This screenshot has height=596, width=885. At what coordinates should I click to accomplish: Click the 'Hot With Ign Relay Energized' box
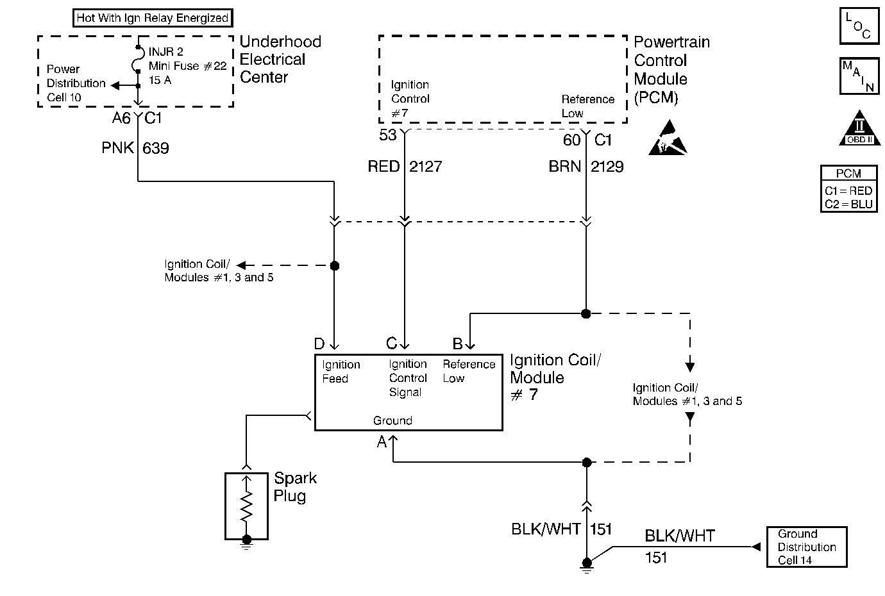pos(152,18)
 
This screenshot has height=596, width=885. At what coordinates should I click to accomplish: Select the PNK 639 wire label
pos(135,148)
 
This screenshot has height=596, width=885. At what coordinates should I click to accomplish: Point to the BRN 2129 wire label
pos(586,167)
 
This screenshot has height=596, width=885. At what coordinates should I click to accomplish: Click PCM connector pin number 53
pos(388,136)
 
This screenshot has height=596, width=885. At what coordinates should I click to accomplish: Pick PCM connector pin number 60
pos(571,140)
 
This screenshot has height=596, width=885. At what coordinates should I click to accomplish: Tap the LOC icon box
pos(859,27)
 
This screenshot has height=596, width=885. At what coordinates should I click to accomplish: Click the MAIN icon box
pos(859,76)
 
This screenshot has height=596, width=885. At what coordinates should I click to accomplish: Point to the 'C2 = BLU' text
pos(848,204)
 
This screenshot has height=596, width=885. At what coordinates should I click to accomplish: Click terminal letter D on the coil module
pos(319,344)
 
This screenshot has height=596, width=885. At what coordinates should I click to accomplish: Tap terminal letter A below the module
pos(382,442)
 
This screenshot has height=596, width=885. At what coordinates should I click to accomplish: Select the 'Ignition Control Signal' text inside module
pos(407,378)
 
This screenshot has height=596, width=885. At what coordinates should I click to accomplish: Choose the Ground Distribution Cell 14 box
pos(806,547)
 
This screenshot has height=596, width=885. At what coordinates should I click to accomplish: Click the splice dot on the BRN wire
pos(586,313)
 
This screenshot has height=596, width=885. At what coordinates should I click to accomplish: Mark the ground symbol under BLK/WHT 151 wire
pos(586,563)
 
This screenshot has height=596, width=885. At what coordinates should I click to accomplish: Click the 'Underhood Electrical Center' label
pos(280,60)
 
